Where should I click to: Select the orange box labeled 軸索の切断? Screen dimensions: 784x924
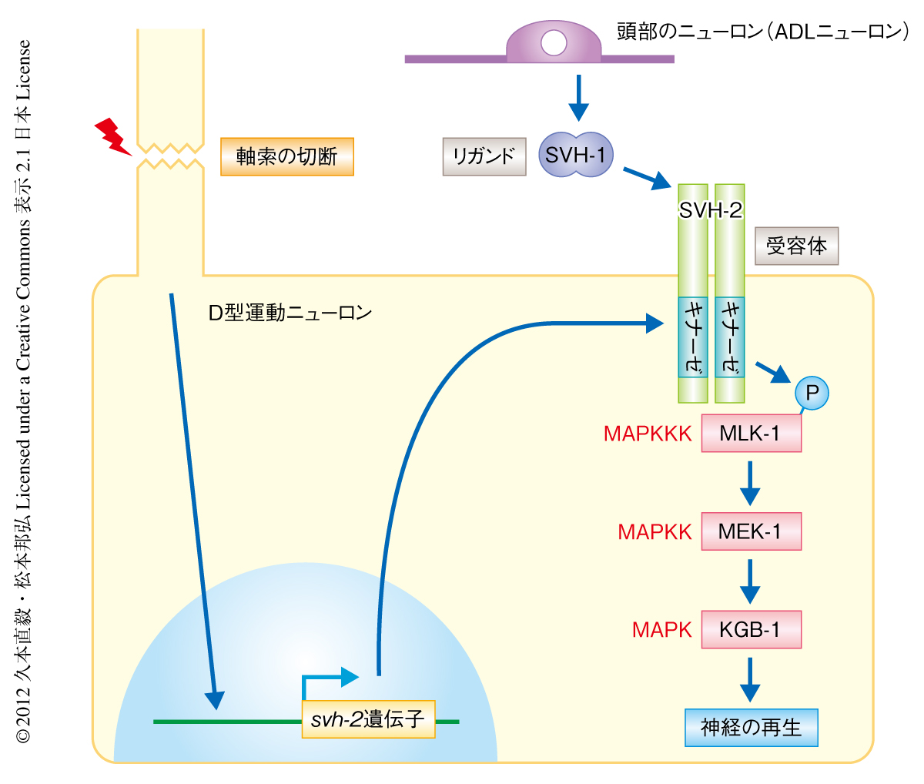coord(287,156)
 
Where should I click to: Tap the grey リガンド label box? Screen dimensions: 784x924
coord(484,156)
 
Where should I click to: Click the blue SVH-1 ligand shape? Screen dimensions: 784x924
coord(575,156)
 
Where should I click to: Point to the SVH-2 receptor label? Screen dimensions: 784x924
coord(711,209)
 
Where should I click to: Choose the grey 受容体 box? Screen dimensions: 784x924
coord(796,246)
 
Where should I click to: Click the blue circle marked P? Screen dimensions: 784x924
coord(812,394)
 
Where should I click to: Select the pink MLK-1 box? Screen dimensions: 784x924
coord(751,434)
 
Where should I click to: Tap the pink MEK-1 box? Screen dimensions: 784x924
coord(751,531)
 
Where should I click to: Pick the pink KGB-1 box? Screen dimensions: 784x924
coord(751,630)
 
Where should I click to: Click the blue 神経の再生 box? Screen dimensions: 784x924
coord(751,728)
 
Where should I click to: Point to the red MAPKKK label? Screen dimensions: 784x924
coord(648,434)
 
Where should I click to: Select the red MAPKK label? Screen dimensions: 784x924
coord(654,531)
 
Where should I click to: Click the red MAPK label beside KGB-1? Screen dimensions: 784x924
coord(661,630)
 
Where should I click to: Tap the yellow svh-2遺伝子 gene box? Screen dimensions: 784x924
coord(369,719)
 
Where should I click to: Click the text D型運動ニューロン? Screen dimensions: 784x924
coord(290,313)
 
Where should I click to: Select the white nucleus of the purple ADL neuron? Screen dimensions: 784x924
coord(553,43)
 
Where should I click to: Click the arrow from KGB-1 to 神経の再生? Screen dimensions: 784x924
coord(749,678)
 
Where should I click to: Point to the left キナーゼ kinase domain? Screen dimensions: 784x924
coord(693,337)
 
